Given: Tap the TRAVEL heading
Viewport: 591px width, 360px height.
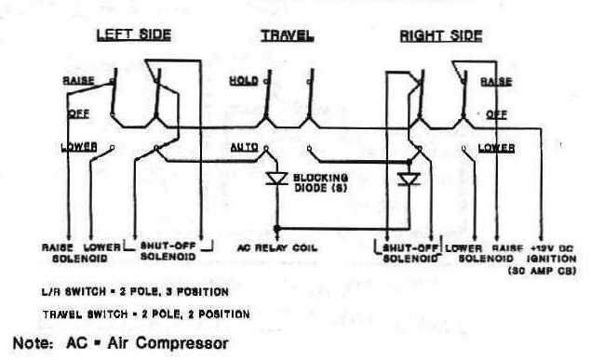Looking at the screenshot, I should (286, 36).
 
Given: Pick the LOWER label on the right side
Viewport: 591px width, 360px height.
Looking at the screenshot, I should (495, 147).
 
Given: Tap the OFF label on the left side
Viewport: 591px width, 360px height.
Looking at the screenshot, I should (78, 113).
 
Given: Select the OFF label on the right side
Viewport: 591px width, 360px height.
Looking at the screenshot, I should (496, 113).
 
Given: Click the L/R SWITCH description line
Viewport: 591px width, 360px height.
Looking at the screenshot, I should (135, 291).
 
